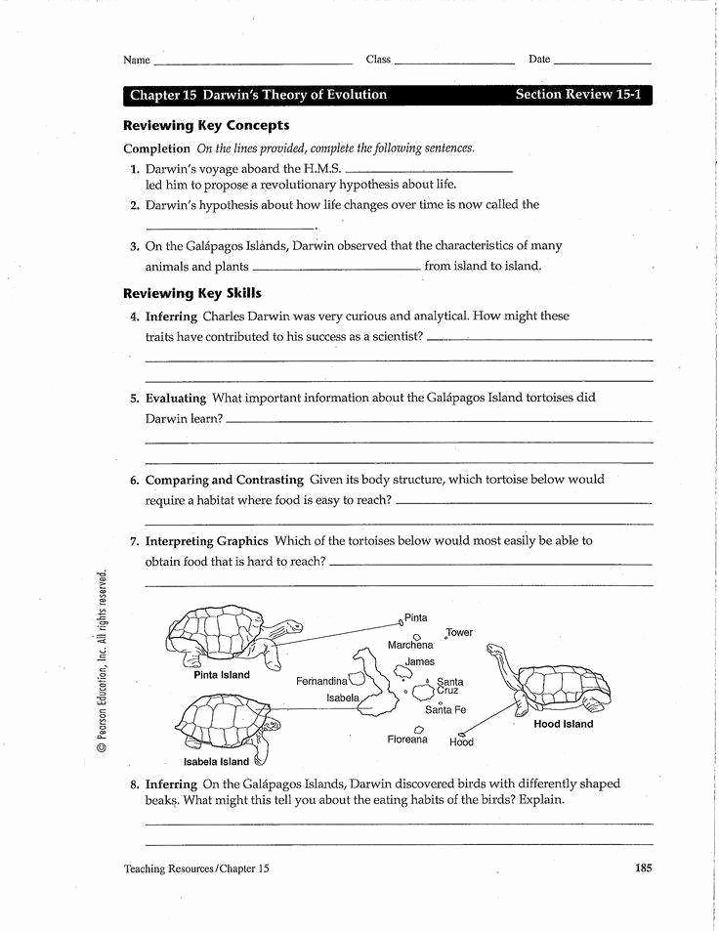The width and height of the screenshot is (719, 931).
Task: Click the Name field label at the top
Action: (x=137, y=60)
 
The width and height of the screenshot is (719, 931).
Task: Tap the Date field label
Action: (x=539, y=60)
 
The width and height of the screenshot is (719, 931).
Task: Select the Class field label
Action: (x=378, y=60)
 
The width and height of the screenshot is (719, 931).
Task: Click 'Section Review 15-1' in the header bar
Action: (x=577, y=95)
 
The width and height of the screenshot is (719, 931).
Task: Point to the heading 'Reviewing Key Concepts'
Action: (x=206, y=126)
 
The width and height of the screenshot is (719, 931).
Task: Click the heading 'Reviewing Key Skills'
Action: (x=192, y=293)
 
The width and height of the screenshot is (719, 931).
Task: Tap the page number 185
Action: (x=642, y=868)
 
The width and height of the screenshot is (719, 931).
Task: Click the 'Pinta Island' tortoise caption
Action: (x=222, y=675)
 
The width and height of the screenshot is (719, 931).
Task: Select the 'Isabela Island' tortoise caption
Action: (x=217, y=762)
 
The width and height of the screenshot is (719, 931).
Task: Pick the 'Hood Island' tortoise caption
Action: (x=563, y=725)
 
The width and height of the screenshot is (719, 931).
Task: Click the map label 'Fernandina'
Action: (x=322, y=680)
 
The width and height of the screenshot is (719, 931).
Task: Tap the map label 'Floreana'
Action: (x=407, y=740)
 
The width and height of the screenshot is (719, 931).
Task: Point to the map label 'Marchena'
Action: (x=410, y=645)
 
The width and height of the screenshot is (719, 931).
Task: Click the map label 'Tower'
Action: (x=459, y=632)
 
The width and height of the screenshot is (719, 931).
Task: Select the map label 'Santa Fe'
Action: (x=445, y=710)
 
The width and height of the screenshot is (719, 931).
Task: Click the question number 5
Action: (x=135, y=399)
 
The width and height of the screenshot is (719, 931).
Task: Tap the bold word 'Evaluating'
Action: (x=176, y=399)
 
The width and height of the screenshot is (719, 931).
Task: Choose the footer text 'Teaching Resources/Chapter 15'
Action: (x=196, y=868)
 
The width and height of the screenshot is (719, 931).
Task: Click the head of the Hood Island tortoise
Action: (x=495, y=651)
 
